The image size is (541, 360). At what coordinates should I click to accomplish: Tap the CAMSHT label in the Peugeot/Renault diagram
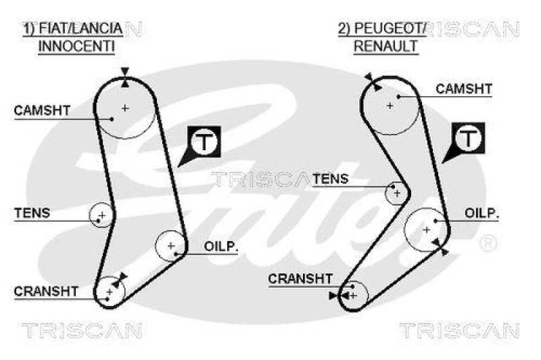pyautogui.click(x=464, y=89)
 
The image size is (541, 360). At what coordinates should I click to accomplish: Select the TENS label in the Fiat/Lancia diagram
pyautogui.click(x=32, y=213)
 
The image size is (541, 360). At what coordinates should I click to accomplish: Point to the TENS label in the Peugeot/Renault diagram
pyautogui.click(x=331, y=179)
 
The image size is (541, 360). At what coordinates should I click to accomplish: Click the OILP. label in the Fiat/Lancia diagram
pyautogui.click(x=221, y=247)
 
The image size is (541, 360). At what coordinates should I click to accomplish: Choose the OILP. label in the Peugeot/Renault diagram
pyautogui.click(x=481, y=213)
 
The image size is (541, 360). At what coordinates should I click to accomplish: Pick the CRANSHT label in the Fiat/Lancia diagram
pyautogui.click(x=46, y=291)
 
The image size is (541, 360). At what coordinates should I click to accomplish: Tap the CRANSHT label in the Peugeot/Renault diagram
pyautogui.click(x=300, y=278)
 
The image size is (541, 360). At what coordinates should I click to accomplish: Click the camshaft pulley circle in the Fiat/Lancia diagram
pyautogui.click(x=125, y=108)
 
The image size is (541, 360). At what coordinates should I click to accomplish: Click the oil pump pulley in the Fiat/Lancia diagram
pyautogui.click(x=170, y=246)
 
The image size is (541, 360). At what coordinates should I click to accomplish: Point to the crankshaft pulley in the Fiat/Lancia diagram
pyautogui.click(x=110, y=292)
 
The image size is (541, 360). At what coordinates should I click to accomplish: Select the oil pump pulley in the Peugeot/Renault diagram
pyautogui.click(x=426, y=229)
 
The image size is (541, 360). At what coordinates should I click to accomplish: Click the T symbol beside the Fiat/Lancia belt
pyautogui.click(x=204, y=141)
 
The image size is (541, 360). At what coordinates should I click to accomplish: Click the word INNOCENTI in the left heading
pyautogui.click(x=76, y=46)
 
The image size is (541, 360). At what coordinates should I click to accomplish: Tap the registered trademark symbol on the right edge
pyautogui.click(x=488, y=242)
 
